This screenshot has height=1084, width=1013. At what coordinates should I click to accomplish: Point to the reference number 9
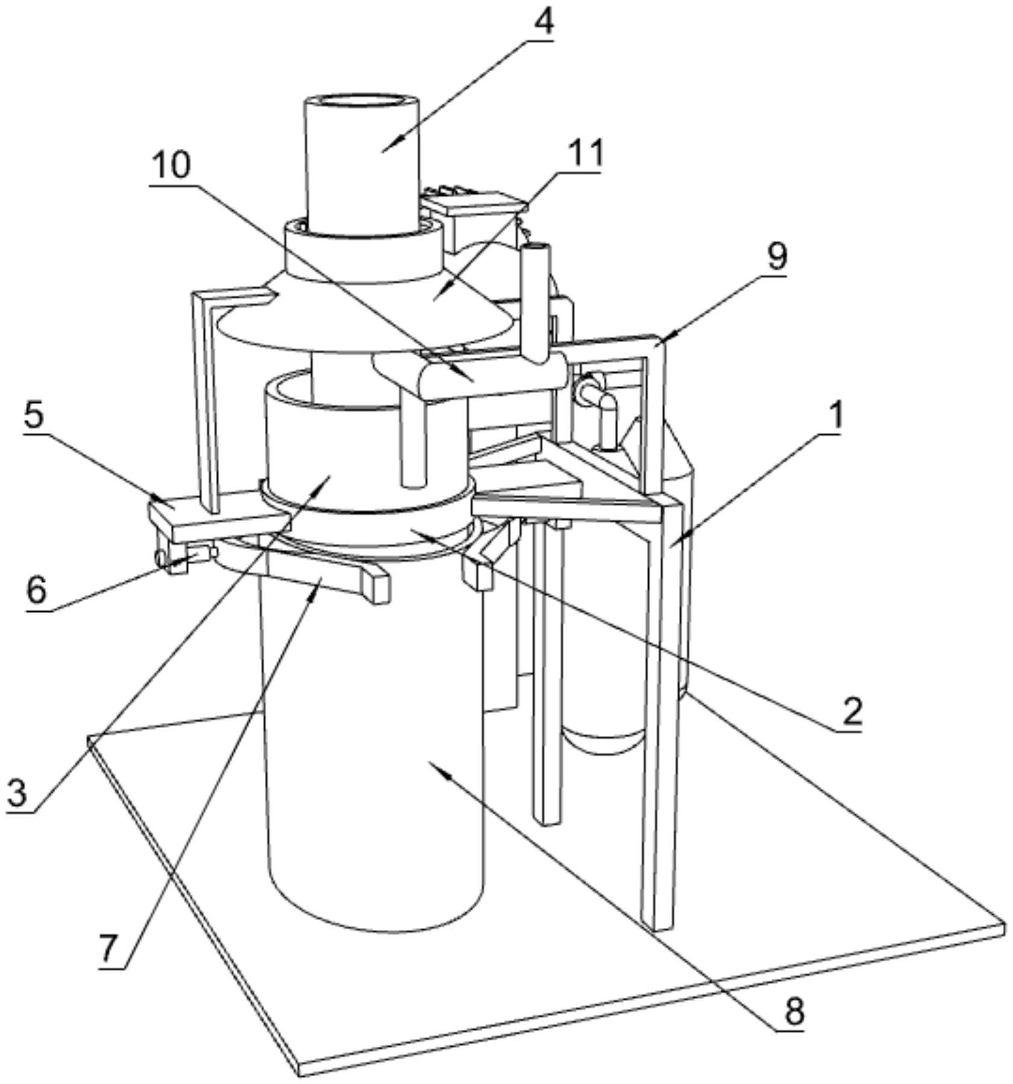click(776, 257)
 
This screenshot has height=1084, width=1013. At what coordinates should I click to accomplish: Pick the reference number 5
click(34, 414)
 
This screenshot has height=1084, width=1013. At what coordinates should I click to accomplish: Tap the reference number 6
click(36, 590)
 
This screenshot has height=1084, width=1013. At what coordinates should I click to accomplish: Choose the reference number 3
click(17, 793)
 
